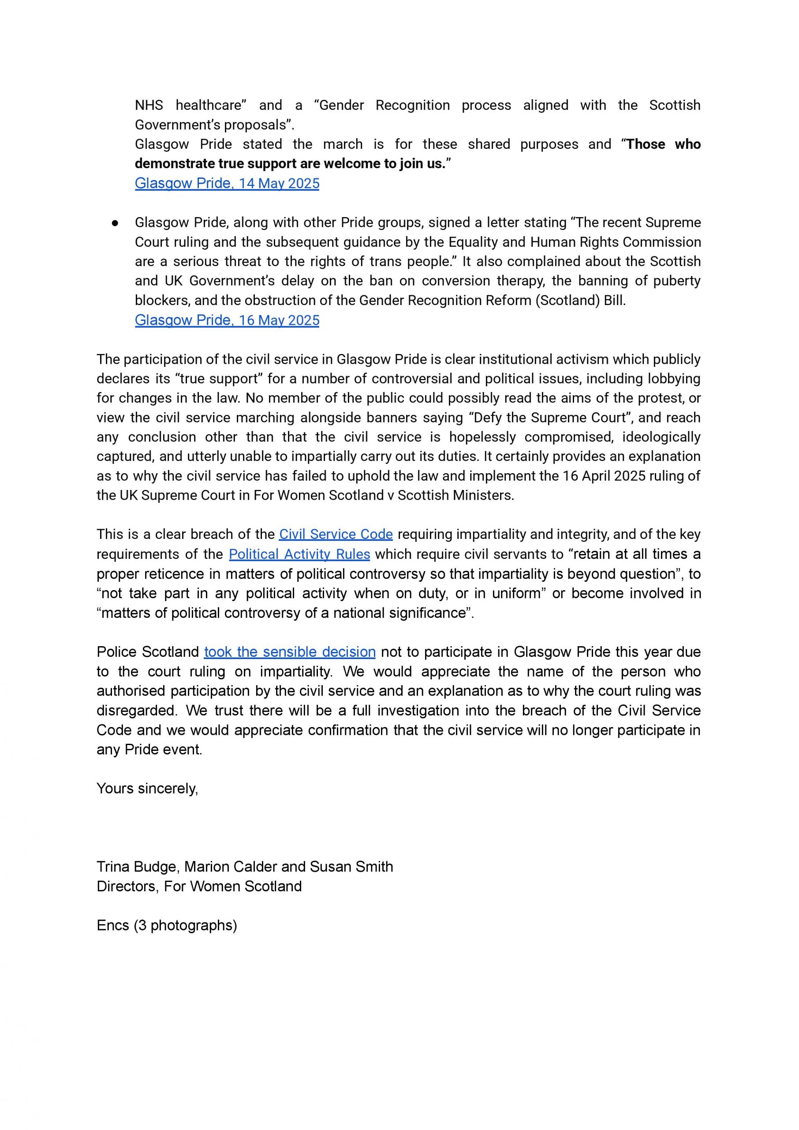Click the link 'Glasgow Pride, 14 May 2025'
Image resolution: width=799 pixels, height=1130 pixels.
[x=227, y=183]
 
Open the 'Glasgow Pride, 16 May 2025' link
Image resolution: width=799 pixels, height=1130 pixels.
[x=227, y=320]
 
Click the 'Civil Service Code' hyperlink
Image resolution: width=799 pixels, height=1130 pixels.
[x=336, y=534]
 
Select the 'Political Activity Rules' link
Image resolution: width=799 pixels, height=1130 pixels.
[x=299, y=554]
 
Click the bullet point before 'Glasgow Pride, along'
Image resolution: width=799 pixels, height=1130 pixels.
[x=115, y=223]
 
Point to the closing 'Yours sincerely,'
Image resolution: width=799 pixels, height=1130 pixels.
[x=147, y=788]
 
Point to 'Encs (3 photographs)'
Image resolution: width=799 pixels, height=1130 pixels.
[x=167, y=925]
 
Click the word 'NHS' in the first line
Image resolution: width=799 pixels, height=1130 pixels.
[x=149, y=105]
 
